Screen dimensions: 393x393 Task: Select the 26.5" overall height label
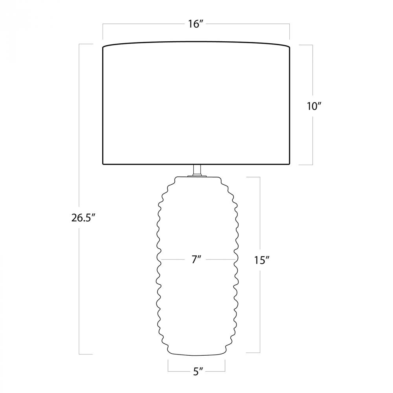coord(84,218)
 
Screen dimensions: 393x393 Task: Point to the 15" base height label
coord(262,261)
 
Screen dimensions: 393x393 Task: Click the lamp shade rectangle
coord(196,103)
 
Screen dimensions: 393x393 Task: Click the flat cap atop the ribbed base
coord(197,176)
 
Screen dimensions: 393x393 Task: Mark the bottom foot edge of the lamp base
coord(196,354)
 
